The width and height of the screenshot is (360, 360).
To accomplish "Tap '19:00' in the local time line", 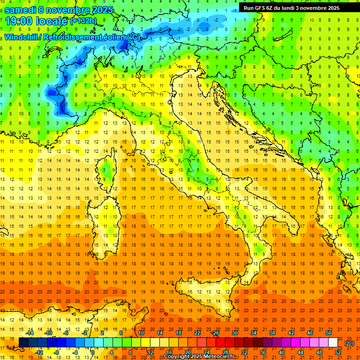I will click(x=19, y=21).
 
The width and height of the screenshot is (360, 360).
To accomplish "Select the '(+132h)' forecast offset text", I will click(x=83, y=21).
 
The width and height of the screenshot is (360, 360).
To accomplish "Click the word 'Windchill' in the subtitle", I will click(x=22, y=37).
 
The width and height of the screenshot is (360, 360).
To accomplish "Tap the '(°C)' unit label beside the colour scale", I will click(x=349, y=343).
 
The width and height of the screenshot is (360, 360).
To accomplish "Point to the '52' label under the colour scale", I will click(x=337, y=352).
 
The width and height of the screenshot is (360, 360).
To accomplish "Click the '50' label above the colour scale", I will click(x=329, y=333).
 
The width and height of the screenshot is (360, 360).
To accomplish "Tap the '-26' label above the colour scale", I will click(x=215, y=333).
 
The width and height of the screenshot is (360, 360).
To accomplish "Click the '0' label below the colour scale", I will click(x=93, y=352).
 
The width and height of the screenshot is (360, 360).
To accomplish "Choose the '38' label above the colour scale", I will click(x=272, y=333).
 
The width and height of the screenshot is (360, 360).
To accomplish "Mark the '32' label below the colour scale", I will click(x=244, y=352).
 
